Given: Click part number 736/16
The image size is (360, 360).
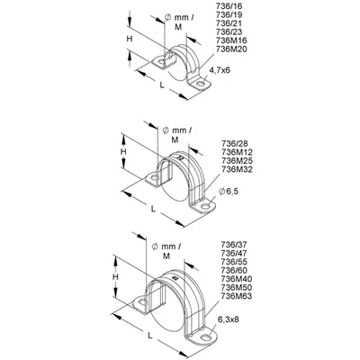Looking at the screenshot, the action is pos(229,6).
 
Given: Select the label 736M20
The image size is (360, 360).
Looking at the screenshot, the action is pos(231,49).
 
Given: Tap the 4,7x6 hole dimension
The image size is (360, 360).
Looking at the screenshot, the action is pos(220,70).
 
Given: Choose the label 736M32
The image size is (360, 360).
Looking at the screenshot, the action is pos(237,169).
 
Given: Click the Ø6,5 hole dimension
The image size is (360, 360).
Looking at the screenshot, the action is pos(229,191).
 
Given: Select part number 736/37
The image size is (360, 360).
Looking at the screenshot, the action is pos(234,244).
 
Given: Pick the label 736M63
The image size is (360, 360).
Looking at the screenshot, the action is pos(236,296).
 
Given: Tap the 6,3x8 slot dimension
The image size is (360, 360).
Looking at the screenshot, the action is pos(229,319).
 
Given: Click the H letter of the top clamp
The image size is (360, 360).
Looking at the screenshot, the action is pos(130,39).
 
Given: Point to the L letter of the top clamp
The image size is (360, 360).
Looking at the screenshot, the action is pos(162,85).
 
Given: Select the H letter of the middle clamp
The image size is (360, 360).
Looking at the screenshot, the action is pos(123,151).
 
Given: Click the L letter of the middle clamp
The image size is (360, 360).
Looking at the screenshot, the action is pos(153,209).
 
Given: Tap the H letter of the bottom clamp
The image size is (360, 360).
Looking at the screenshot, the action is pos(115,277).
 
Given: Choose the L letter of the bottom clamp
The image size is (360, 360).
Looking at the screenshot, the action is pos(150,336).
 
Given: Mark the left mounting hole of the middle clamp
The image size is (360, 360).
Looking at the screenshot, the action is pos(155,178).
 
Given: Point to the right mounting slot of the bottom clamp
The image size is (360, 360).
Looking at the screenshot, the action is pos(205,337).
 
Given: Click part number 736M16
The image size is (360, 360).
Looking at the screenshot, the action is pos(231,40).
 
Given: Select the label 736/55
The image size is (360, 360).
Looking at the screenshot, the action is pos(234,261).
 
